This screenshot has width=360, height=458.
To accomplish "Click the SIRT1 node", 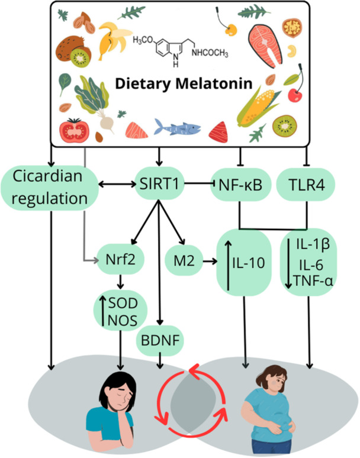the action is pyautogui.click(x=159, y=184).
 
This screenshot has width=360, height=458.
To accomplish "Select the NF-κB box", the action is pyautogui.click(x=240, y=184).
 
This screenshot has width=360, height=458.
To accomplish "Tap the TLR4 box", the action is pyautogui.click(x=306, y=184).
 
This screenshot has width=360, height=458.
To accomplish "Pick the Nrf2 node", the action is pyautogui.click(x=121, y=259).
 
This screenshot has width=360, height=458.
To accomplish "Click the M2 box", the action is pyautogui.click(x=184, y=260).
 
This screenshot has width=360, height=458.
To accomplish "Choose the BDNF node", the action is pyautogui.click(x=160, y=341).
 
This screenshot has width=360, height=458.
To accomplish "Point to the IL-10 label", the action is pyautogui.click(x=249, y=263).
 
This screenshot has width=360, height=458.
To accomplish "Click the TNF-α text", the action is pyautogui.click(x=313, y=281).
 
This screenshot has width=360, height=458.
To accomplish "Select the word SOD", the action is pyautogui.click(x=123, y=303).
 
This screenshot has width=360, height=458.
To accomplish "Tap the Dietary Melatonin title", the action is pyautogui.click(x=184, y=83).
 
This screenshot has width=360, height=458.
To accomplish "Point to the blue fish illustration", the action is pyautogui.click(x=177, y=127).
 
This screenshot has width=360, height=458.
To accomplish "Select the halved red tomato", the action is pyautogui.click(x=74, y=130).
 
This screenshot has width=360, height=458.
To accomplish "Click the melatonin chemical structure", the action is pyautogui.click(x=180, y=50).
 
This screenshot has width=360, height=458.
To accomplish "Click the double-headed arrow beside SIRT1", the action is pyautogui.click(x=117, y=184).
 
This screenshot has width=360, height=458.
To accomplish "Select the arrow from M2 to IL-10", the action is pyautogui.click(x=210, y=261).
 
